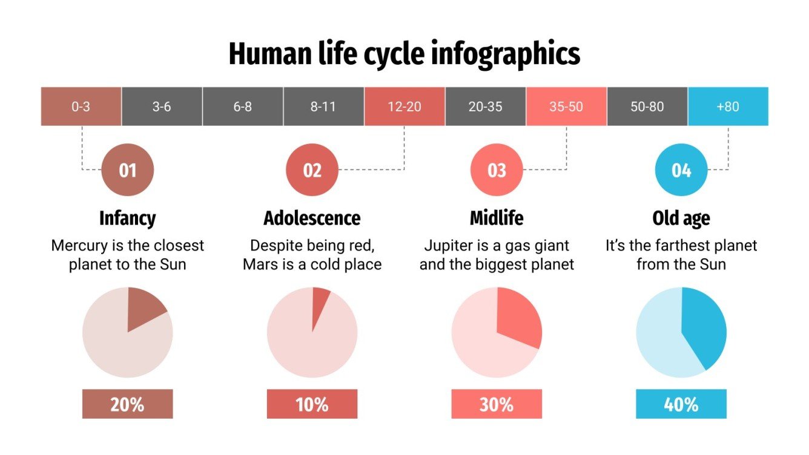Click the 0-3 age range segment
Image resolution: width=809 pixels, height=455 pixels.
point(81,106)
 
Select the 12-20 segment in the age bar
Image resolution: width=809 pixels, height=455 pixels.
point(404,106)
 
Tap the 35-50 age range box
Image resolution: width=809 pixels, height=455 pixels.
point(566,106)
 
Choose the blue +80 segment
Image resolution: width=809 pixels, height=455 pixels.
point(728,106)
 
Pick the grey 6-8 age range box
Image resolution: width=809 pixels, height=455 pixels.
point(243,106)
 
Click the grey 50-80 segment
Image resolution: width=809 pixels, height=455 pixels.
point(647,106)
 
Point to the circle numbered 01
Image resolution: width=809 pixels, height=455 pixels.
point(128,171)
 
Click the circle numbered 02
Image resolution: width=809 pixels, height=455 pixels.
point(312,171)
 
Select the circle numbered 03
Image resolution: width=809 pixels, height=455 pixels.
point(497,171)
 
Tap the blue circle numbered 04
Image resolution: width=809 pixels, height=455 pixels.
point(681,171)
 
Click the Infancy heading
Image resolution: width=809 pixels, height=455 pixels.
point(128,218)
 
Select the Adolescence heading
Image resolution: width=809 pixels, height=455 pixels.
point(312,218)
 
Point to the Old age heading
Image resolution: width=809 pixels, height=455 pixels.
point(681,218)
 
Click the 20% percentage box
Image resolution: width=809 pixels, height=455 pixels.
point(128,404)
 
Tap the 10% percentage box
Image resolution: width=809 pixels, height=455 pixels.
point(312,404)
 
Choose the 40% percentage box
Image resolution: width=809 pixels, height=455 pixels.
point(681,404)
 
